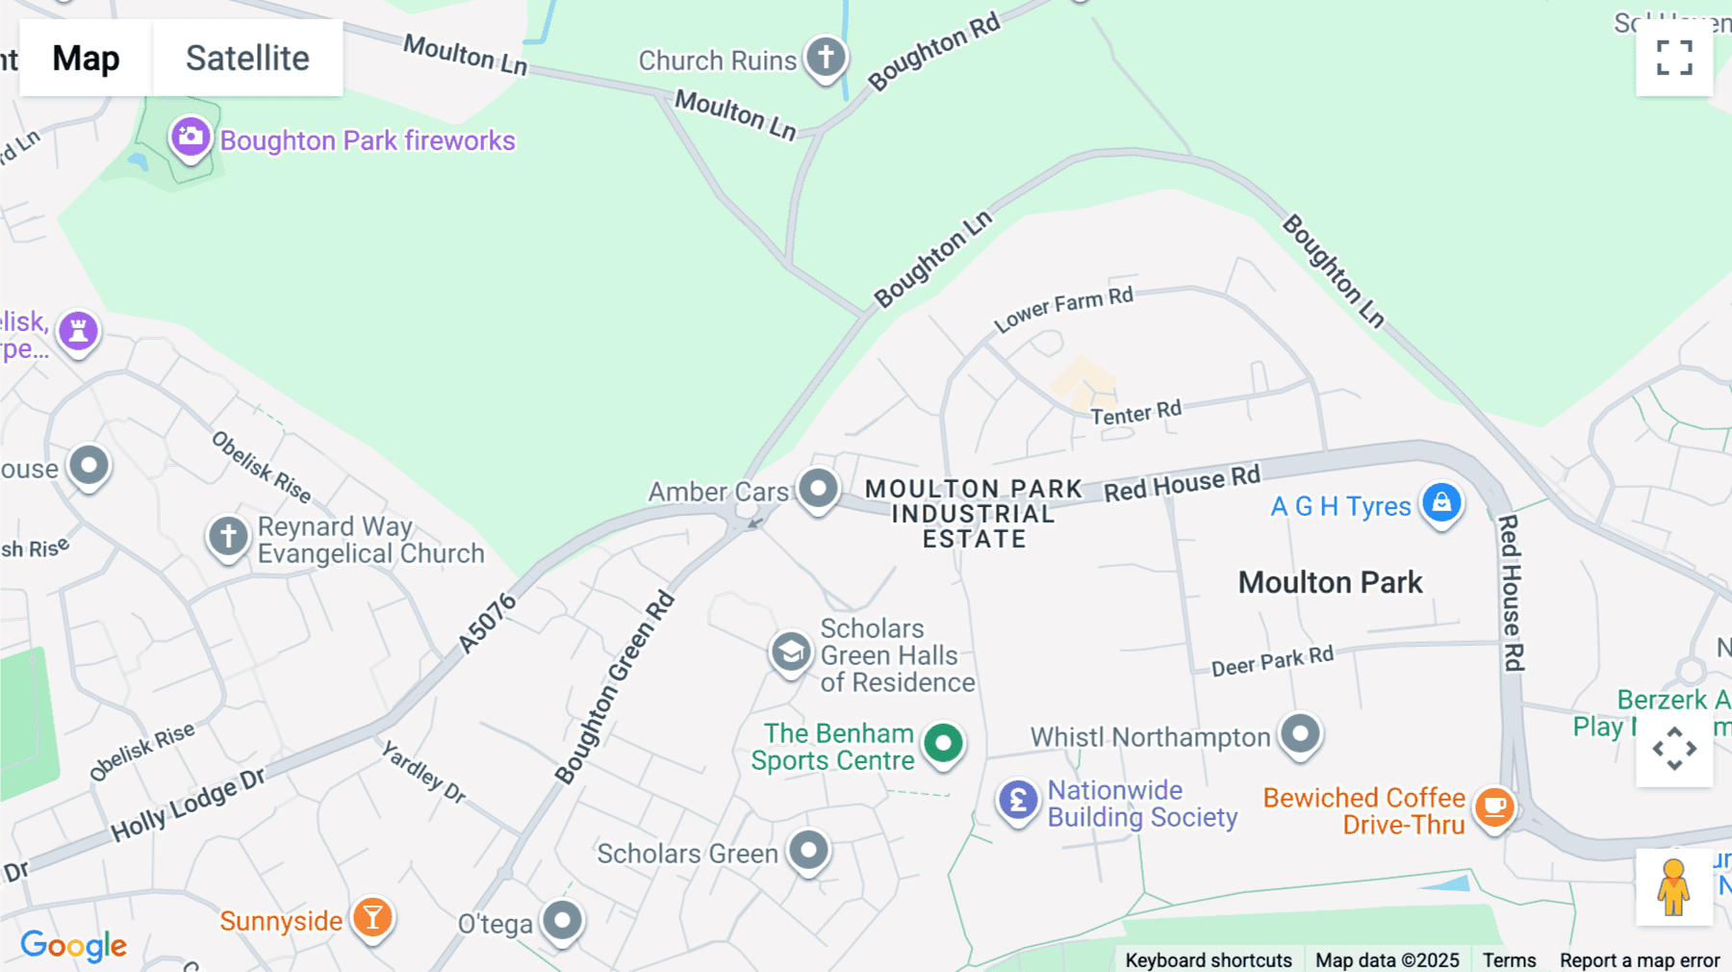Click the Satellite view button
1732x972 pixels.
pyautogui.click(x=247, y=58)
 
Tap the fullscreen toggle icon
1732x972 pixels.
pyautogui.click(x=1674, y=58)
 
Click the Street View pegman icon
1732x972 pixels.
pyautogui.click(x=1673, y=886)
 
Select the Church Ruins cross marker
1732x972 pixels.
pyautogui.click(x=826, y=58)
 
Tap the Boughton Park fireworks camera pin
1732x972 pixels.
pyautogui.click(x=191, y=137)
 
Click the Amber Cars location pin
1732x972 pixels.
pyautogui.click(x=819, y=489)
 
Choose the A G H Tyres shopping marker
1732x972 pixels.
pyautogui.click(x=1441, y=503)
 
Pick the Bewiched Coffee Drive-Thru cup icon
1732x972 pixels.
pyautogui.click(x=1494, y=806)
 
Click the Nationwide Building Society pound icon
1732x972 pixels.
pyautogui.click(x=1018, y=800)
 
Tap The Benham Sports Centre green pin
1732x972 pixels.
pyautogui.click(x=943, y=743)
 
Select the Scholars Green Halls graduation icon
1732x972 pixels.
pyautogui.click(x=791, y=653)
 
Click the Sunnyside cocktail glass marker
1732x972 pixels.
pyautogui.click(x=372, y=917)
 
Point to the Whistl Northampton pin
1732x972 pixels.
pyautogui.click(x=1300, y=734)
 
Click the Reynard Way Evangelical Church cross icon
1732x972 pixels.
pyautogui.click(x=228, y=536)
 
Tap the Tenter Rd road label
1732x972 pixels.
pyautogui.click(x=1135, y=413)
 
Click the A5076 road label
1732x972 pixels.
pyautogui.click(x=487, y=624)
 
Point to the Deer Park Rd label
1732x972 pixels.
pyautogui.click(x=1272, y=661)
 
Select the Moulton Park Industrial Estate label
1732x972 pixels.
pyautogui.click(x=974, y=514)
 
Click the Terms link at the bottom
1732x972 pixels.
pyautogui.click(x=1509, y=959)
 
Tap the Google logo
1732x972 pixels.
pyautogui.click(x=74, y=945)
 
